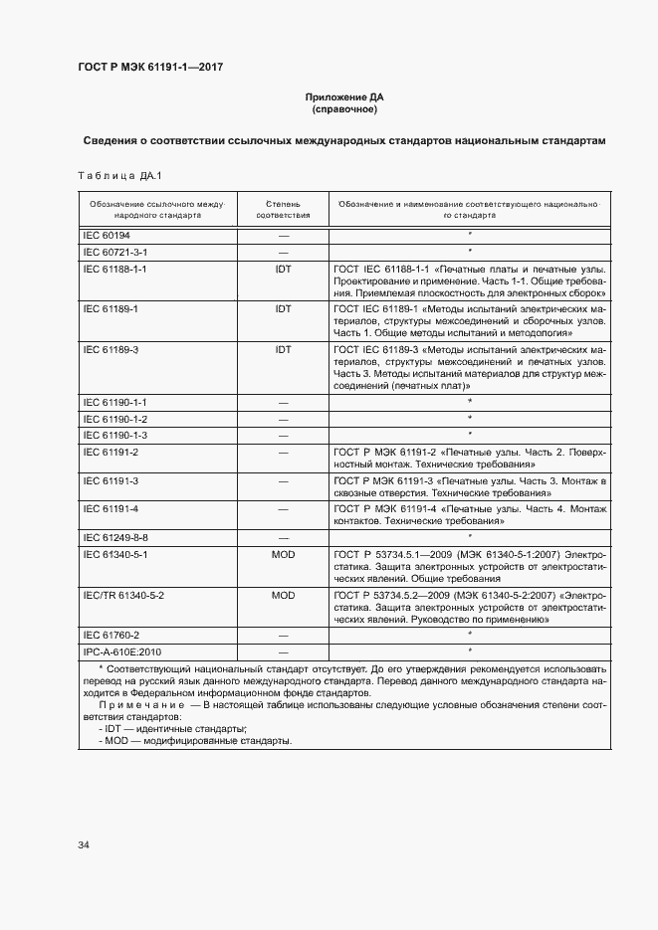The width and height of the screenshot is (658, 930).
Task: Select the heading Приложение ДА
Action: point(341,97)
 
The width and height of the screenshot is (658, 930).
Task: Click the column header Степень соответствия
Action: point(283,208)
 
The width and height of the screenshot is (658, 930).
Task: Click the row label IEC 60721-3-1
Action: point(114,253)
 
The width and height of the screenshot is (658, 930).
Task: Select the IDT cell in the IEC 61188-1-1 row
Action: point(283,269)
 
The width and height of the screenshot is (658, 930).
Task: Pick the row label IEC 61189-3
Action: point(110,350)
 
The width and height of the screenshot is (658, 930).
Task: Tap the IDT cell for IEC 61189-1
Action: point(283,309)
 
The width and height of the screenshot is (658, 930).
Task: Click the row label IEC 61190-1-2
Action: point(114,419)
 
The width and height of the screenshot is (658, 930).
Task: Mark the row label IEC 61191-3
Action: point(110,481)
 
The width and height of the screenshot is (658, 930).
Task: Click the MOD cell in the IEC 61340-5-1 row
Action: point(283,553)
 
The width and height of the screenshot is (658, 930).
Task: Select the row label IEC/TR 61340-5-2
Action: point(122,594)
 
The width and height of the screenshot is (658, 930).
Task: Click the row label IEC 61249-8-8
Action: point(114,537)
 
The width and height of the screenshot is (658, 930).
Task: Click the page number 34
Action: point(84,845)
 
